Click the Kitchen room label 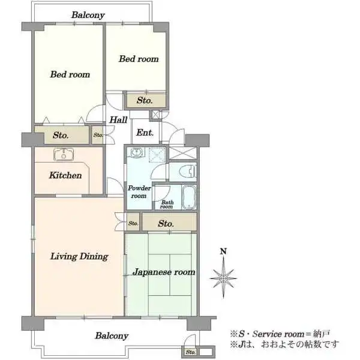click(x=65, y=175)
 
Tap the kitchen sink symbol click(x=64, y=154)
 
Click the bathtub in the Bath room click(x=189, y=197)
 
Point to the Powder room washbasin click(x=136, y=152)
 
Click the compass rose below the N click(x=223, y=278)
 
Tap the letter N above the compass click(x=223, y=251)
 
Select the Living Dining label click(x=79, y=256)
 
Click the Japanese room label click(x=164, y=272)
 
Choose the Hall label click(x=118, y=119)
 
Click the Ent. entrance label click(x=145, y=133)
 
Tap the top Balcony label click(x=88, y=15)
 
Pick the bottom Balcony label click(x=112, y=335)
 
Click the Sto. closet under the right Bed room click(x=145, y=100)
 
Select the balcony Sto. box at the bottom click(x=190, y=352)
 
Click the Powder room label click(x=139, y=192)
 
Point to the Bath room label click(x=167, y=205)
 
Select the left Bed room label click(x=70, y=74)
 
